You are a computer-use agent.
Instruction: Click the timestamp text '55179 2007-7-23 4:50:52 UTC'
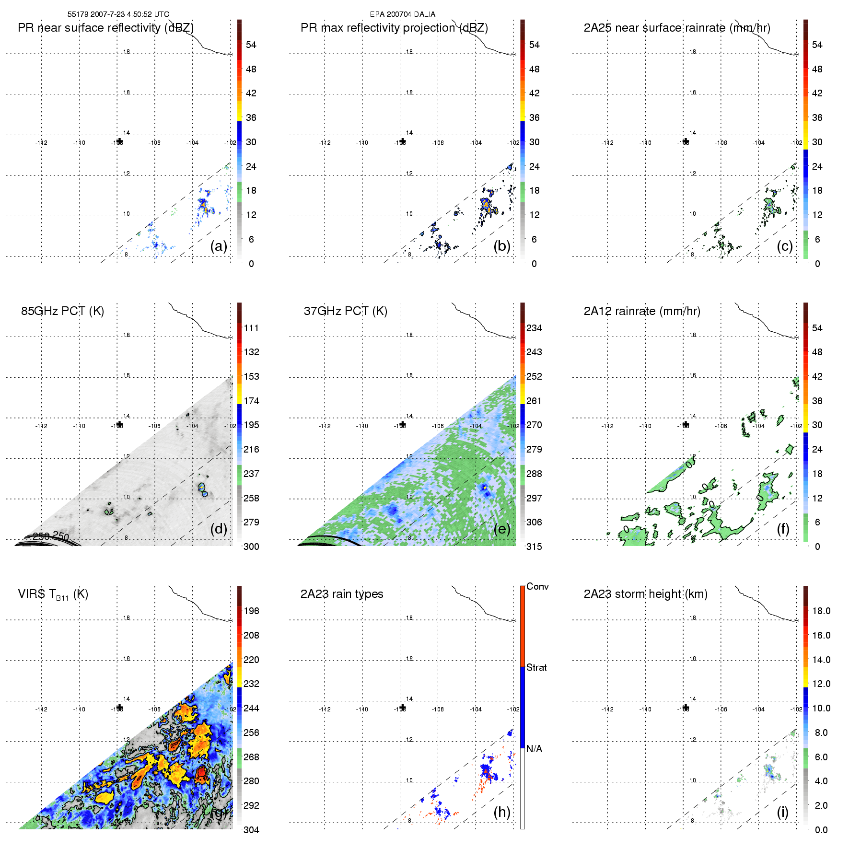point(118,14)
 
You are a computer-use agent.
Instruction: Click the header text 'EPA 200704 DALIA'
point(402,14)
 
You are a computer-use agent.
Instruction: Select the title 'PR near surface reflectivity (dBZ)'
point(105,28)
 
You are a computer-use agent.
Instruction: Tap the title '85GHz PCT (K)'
point(62,311)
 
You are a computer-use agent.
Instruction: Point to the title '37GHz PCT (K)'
point(345,311)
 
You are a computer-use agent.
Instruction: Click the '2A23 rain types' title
point(341,594)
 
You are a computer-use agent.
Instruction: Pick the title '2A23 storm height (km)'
point(645,594)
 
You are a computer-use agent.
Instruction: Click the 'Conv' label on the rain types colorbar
point(537,586)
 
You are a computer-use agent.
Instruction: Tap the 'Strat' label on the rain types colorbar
point(536,667)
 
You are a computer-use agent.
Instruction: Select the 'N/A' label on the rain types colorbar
point(534,749)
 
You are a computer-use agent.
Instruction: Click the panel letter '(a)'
point(219,246)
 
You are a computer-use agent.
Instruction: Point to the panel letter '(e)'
point(502,529)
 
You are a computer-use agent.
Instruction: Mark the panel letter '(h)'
point(502,812)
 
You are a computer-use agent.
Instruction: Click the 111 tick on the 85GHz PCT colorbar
point(251,328)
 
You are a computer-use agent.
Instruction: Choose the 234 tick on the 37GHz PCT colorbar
point(534,328)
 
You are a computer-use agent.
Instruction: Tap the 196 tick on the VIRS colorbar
point(251,611)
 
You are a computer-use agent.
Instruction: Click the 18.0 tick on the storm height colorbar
point(821,611)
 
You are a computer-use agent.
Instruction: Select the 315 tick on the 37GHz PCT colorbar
point(534,547)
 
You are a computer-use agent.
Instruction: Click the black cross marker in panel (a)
point(119,141)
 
